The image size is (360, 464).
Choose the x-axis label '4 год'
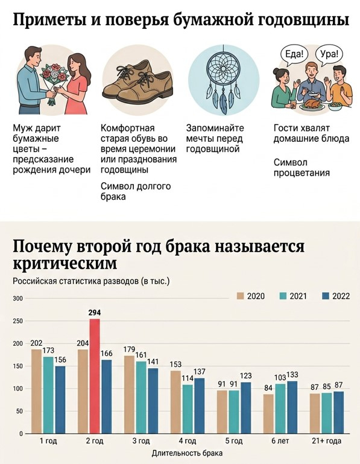coord(187,442)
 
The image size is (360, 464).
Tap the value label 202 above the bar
coord(36,343)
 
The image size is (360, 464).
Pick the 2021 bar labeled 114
coord(188,408)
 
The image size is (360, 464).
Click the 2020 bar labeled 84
coord(268,413)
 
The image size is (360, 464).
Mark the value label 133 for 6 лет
coord(292,374)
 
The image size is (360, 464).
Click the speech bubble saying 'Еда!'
coord(295,54)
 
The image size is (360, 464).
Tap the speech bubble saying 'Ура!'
coord(329,54)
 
